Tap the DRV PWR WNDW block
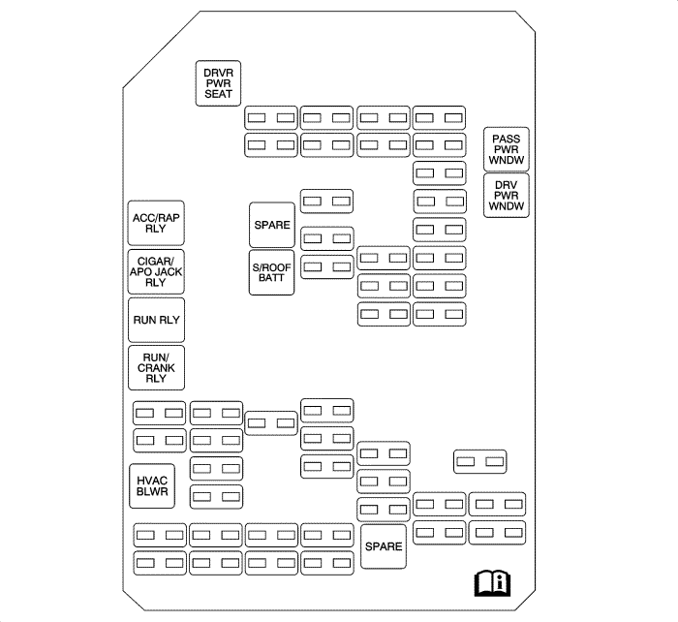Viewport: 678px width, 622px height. click(506, 194)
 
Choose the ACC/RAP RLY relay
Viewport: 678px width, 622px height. click(157, 224)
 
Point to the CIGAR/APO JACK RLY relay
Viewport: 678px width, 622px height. click(157, 272)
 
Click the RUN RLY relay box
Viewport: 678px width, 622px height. click(157, 319)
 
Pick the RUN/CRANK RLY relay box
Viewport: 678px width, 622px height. click(157, 367)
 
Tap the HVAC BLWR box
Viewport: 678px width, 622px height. click(153, 486)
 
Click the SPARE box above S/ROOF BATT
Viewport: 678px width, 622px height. click(272, 225)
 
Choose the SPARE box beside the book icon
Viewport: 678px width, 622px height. click(384, 546)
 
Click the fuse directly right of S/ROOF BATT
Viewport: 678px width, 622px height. click(326, 265)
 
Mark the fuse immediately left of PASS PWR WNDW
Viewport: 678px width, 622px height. click(440, 145)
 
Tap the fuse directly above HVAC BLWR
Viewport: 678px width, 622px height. click(159, 441)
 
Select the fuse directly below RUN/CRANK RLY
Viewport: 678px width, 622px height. click(159, 413)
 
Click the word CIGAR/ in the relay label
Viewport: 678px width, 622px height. click(156, 262)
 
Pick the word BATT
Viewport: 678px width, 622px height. click(272, 278)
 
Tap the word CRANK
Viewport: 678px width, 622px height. click(157, 367)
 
